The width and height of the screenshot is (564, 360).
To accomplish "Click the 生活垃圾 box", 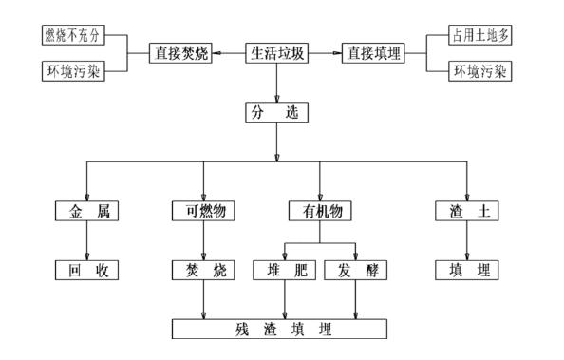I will point(277,53).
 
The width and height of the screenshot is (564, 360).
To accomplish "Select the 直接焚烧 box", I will point(180,53).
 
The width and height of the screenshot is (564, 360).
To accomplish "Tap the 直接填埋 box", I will point(373,53).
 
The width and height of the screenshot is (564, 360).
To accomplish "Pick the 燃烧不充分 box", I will point(71,36).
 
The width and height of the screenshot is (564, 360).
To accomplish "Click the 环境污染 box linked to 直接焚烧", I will point(71,70).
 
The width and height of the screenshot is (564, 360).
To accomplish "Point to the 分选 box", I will point(277,113).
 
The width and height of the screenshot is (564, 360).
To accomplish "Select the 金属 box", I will point(88,211).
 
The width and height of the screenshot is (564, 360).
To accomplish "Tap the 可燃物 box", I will point(204,211).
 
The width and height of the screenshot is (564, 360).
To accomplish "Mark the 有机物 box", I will point(320,211).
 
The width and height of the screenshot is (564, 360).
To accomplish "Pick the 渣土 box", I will point(467,211).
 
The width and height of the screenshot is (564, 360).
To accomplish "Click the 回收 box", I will point(88,270).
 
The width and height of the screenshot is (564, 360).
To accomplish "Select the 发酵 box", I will point(355,270).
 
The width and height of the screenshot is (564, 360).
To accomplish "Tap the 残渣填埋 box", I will point(280,330).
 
